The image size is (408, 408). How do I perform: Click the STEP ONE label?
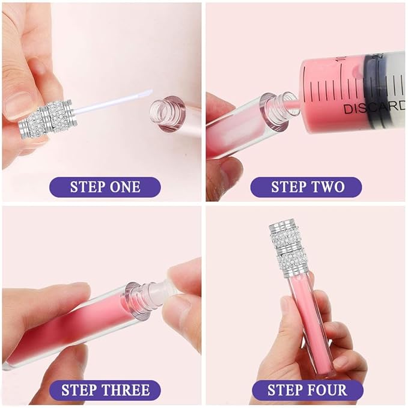[105, 186]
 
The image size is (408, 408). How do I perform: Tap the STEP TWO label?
[306, 186]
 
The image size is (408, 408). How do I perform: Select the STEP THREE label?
[105, 391]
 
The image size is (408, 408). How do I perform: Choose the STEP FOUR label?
[306, 391]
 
